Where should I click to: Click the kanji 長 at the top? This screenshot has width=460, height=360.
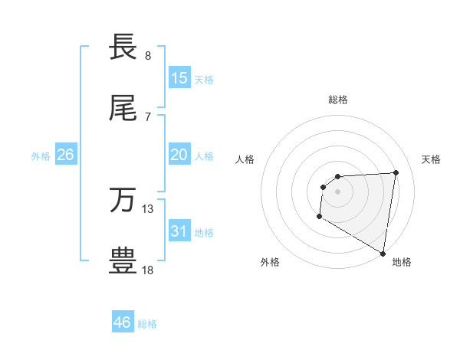coord(123,47)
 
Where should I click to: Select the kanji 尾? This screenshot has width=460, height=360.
coord(123,110)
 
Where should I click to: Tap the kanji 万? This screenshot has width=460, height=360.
coord(123,201)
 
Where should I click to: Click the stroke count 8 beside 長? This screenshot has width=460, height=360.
coord(148,56)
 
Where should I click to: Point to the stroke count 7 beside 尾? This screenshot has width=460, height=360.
coord(148,117)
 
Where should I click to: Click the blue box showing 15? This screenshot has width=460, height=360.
coord(179,78)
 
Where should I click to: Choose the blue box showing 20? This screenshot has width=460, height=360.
coord(179,155)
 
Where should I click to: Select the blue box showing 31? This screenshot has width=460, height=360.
coord(179,231)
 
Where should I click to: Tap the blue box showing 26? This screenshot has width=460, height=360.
coord(65,155)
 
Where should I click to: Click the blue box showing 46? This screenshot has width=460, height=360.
coord(123,322)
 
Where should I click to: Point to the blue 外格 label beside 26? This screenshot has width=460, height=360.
coord(41,156)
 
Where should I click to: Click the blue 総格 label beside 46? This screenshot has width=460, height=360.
coord(147,324)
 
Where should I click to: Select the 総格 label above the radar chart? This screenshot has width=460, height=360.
coord(338,100)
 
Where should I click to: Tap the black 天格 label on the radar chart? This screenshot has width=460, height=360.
coord(431,159)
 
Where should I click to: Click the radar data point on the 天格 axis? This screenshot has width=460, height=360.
coord(396,172)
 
